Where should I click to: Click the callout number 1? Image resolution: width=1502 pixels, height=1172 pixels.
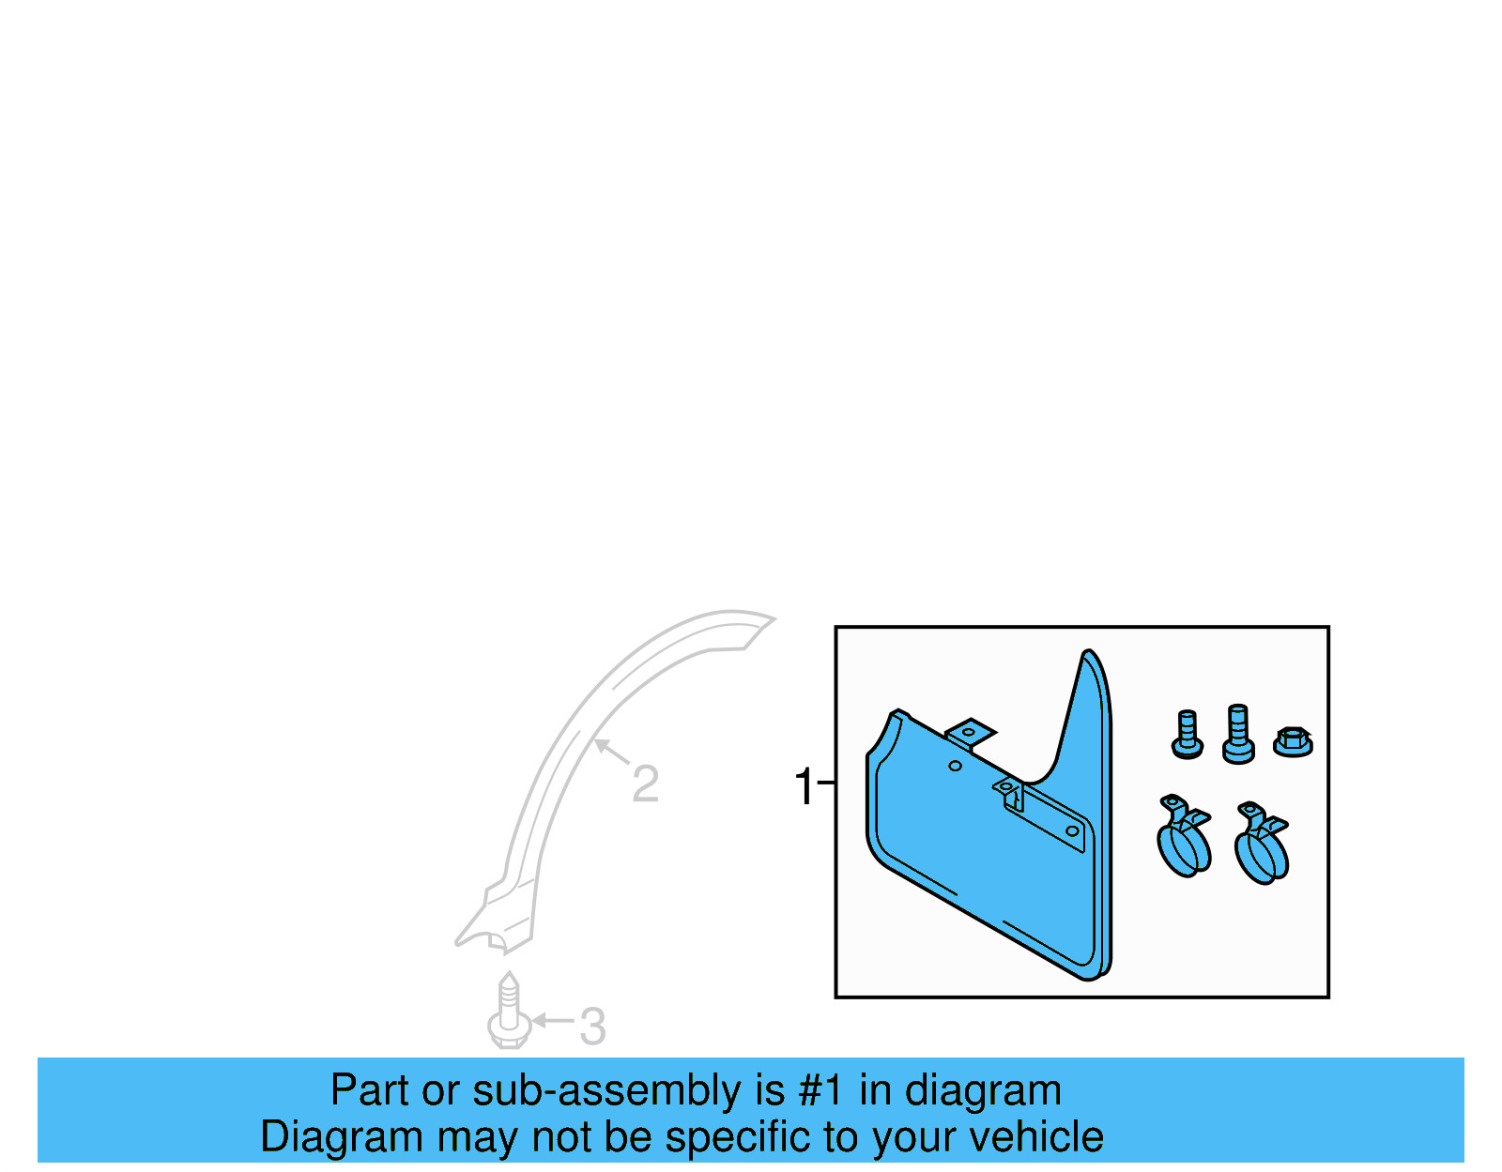pos(804,786)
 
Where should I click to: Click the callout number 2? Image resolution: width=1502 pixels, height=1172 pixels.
pos(645,784)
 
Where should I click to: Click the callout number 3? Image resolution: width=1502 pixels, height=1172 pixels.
pos(591,1027)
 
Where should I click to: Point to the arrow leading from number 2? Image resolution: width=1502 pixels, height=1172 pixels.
pos(612,752)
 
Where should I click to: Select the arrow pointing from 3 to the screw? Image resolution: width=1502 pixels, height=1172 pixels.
pos(553,1020)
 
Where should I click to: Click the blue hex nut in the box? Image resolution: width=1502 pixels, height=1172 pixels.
pos(1293,741)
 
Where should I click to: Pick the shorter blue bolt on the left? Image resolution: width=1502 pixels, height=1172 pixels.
pos(1188,735)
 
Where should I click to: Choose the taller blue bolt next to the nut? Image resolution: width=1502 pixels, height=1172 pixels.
pos(1238,734)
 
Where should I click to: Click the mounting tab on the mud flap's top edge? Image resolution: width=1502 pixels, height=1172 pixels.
pos(971,733)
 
